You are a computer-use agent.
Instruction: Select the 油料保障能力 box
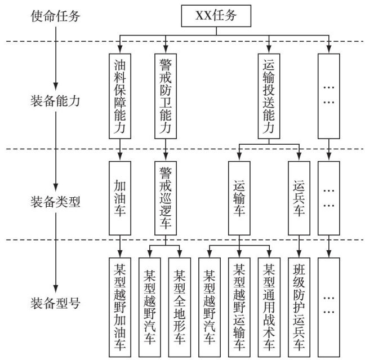(x=119, y=96)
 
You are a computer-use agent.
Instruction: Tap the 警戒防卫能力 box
(x=165, y=96)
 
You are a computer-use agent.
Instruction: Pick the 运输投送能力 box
(x=269, y=96)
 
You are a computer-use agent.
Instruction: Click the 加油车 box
(x=119, y=197)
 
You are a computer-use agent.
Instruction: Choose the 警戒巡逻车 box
(x=165, y=197)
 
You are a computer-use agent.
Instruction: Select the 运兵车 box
(x=299, y=197)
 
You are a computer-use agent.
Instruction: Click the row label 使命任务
(x=56, y=15)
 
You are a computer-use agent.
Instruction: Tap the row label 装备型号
(x=56, y=305)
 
